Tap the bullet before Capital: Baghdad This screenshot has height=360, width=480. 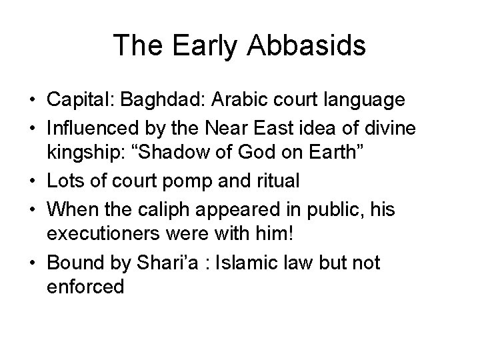click(x=32, y=100)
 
